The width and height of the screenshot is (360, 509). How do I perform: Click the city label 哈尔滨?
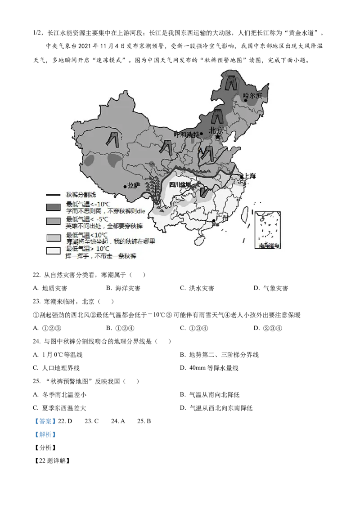[x=252, y=95]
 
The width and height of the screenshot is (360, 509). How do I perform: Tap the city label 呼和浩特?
[x=187, y=134]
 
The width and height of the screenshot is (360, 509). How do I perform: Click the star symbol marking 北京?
[x=218, y=136]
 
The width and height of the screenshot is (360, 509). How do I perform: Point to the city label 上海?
[x=249, y=176]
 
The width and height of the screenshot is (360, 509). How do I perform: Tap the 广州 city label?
[x=222, y=218]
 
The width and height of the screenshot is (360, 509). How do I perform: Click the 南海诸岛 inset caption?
[x=269, y=246]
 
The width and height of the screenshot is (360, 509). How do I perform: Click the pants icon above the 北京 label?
[x=218, y=116]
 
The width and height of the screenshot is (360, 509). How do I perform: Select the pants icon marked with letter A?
[x=207, y=153]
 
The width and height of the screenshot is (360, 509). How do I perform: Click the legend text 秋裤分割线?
[x=81, y=195]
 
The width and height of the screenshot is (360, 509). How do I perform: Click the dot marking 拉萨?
[x=125, y=186]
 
